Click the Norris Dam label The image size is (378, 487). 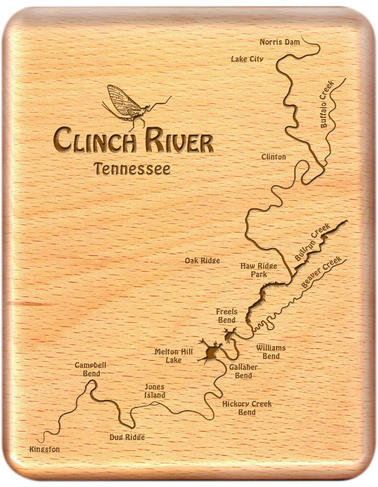pyautogui.click(x=280, y=42)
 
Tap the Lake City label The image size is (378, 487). pyautogui.click(x=247, y=59)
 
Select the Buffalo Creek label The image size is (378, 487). pyautogui.click(x=327, y=104)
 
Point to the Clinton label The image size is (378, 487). pyautogui.click(x=274, y=157)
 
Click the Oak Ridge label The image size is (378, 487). pyautogui.click(x=202, y=260)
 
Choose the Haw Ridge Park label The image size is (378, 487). pyautogui.click(x=259, y=270)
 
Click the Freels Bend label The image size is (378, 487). pyautogui.click(x=226, y=316)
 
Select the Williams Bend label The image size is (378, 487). pyautogui.click(x=271, y=352)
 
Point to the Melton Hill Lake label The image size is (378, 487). pyautogui.click(x=174, y=356)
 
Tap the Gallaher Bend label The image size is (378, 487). pyautogui.click(x=243, y=371)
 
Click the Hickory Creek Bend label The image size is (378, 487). pyautogui.click(x=247, y=408)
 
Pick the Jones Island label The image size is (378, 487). pyautogui.click(x=155, y=391)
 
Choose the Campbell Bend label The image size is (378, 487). pyautogui.click(x=91, y=369)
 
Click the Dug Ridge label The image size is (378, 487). pyautogui.click(x=127, y=437)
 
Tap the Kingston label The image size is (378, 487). pyautogui.click(x=44, y=449)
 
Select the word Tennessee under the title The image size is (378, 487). pyautogui.click(x=132, y=169)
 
